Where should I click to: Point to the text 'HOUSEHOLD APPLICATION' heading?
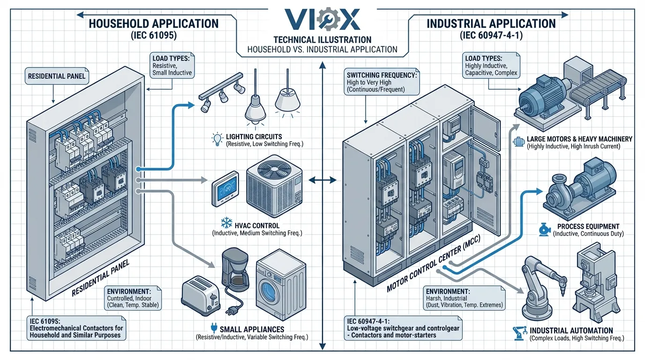pyautogui.click(x=154, y=24)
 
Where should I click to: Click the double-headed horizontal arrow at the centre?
pyautogui.click(x=322, y=179)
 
